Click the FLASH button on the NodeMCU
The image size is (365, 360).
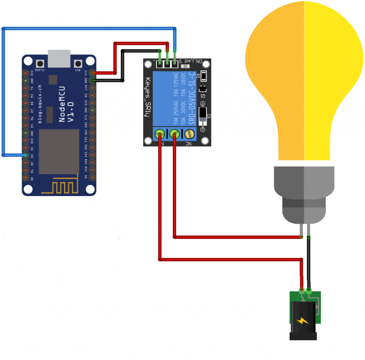(x=40, y=63)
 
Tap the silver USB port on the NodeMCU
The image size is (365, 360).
(x=59, y=58)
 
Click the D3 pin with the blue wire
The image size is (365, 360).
(x=25, y=155)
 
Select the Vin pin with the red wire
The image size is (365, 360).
(x=93, y=73)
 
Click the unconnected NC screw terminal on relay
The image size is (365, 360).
(x=189, y=134)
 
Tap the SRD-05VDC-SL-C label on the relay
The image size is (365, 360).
(x=192, y=98)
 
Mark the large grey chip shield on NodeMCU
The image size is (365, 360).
(x=59, y=151)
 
